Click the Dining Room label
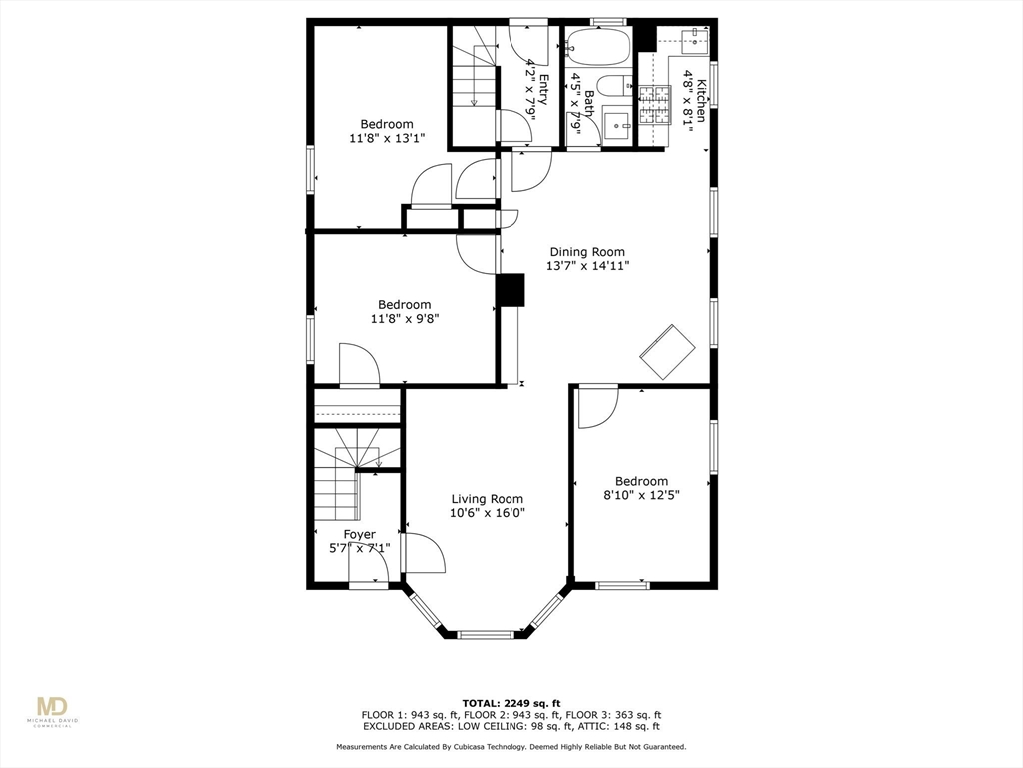[x=587, y=252]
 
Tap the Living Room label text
[x=487, y=499]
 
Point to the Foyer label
[x=359, y=534]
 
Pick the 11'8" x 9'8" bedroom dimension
[x=404, y=319]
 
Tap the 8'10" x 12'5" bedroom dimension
[x=641, y=495]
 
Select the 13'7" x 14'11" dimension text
[x=587, y=266]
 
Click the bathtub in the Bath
[x=597, y=47]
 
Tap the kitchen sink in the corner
[x=693, y=42]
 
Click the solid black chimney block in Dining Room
[x=511, y=290]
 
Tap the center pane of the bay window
[x=487, y=633]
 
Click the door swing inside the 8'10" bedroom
[x=596, y=405]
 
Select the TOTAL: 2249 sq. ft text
[x=511, y=702]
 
